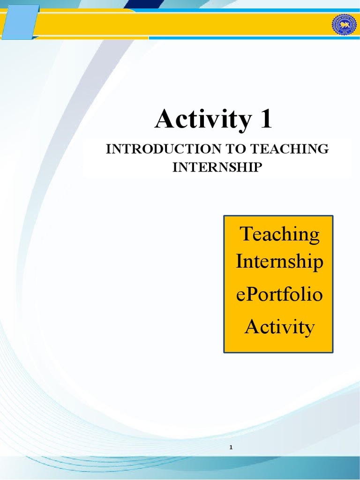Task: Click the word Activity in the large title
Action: (x=202, y=120)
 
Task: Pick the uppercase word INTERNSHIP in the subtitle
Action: (x=216, y=167)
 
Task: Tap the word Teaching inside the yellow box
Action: (x=280, y=234)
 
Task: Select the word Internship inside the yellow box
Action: (x=279, y=262)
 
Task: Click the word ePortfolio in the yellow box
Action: (x=279, y=296)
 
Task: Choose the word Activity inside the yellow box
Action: (x=279, y=327)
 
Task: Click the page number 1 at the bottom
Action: (x=231, y=448)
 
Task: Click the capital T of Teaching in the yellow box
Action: (x=246, y=233)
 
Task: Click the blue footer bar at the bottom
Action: (x=180, y=469)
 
